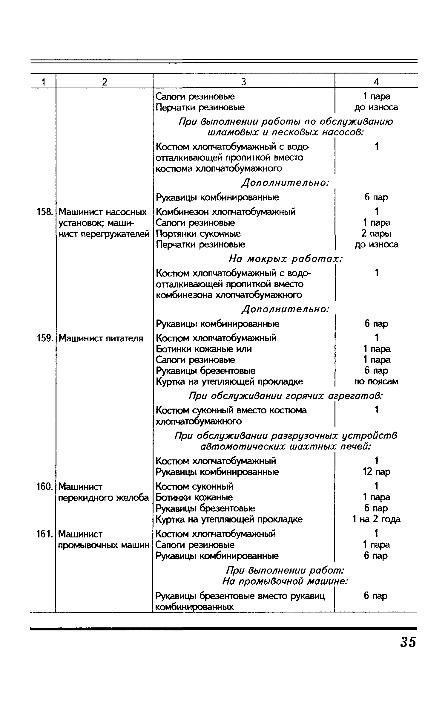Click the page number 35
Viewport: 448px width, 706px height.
pyautogui.click(x=408, y=642)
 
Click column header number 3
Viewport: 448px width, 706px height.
pyautogui.click(x=243, y=82)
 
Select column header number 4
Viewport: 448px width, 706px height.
pyautogui.click(x=376, y=82)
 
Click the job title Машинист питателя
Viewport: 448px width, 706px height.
pyautogui.click(x=101, y=338)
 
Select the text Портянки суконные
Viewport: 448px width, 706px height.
pyautogui.click(x=198, y=233)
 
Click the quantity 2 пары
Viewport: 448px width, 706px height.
pyautogui.click(x=376, y=233)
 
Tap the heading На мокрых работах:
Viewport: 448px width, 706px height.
pyautogui.click(x=285, y=259)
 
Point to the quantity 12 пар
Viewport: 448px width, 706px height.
pyautogui.click(x=376, y=472)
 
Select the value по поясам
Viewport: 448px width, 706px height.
pyautogui.click(x=376, y=382)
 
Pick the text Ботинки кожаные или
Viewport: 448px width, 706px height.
pyautogui.click(x=204, y=349)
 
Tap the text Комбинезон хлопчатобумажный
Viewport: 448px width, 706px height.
pyautogui.click(x=226, y=212)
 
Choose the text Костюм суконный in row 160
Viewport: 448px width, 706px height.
pyautogui.click(x=194, y=487)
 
